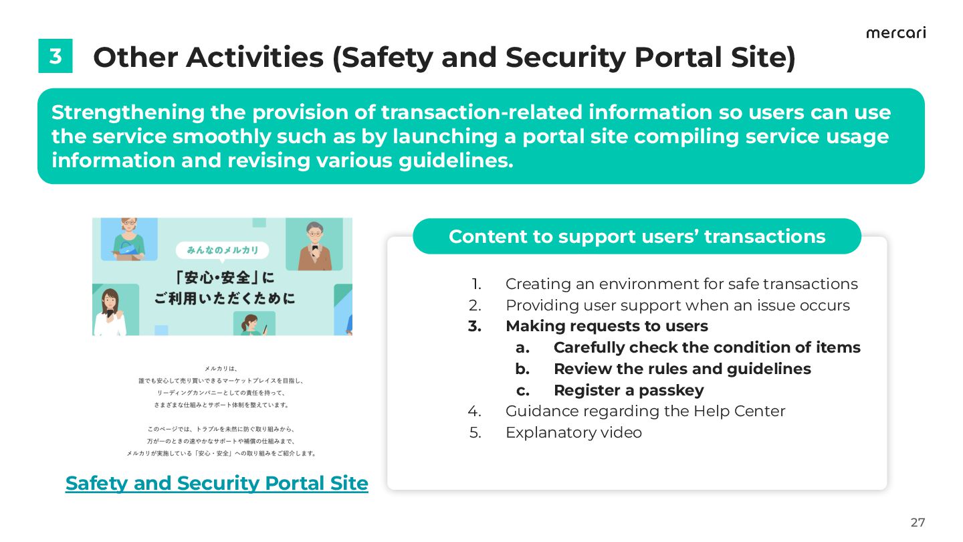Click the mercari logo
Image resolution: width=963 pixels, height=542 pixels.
[895, 33]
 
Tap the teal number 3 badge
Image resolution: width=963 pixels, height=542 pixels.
[55, 56]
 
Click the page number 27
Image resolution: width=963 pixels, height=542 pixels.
[918, 523]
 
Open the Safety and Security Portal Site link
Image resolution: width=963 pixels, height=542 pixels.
[217, 483]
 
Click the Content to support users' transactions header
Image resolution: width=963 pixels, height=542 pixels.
[637, 236]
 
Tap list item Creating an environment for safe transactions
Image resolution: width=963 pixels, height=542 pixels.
[681, 284]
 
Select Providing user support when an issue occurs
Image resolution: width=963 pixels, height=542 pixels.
[677, 305]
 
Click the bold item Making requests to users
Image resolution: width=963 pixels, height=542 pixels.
[606, 326]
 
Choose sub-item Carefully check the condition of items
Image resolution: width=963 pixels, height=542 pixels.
[706, 347]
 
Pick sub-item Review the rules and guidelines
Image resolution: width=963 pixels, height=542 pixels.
[681, 369]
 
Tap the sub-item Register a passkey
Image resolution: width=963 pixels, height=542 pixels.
[628, 390]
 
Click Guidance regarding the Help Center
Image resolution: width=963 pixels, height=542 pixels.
[645, 411]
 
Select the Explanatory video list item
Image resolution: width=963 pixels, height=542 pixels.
[573, 432]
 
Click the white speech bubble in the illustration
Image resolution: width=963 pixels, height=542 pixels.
[222, 251]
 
